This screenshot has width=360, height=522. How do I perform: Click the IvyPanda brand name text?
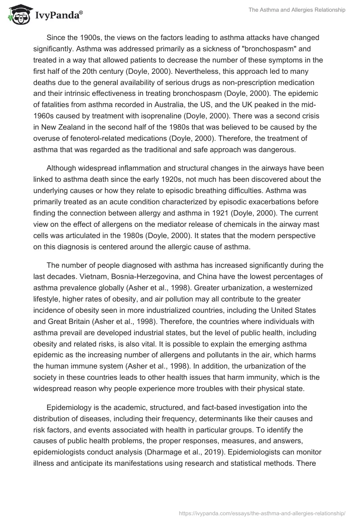[58, 16]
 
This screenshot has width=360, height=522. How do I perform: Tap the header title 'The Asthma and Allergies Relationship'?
[297, 10]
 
